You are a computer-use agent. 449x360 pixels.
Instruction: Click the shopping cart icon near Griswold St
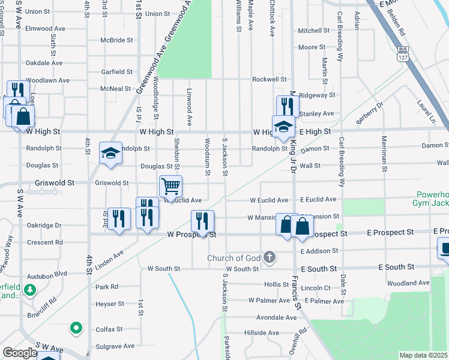tap(171, 187)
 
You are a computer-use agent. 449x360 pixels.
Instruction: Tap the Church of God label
tap(235, 258)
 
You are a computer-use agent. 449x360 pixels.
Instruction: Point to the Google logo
tap(20, 353)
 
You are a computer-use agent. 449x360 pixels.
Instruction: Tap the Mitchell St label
tap(310, 31)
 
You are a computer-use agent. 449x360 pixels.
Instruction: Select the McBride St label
tap(116, 40)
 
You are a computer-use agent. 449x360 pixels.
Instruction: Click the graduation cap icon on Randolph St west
tap(110, 152)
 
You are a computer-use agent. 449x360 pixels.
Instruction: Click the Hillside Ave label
tap(261, 332)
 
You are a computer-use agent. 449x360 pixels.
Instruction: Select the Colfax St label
tap(109, 329)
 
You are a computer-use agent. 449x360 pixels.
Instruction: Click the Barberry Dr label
tap(369, 113)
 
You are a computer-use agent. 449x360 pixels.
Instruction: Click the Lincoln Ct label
tap(318, 287)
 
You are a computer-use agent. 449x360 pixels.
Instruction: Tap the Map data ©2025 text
tap(423, 355)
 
